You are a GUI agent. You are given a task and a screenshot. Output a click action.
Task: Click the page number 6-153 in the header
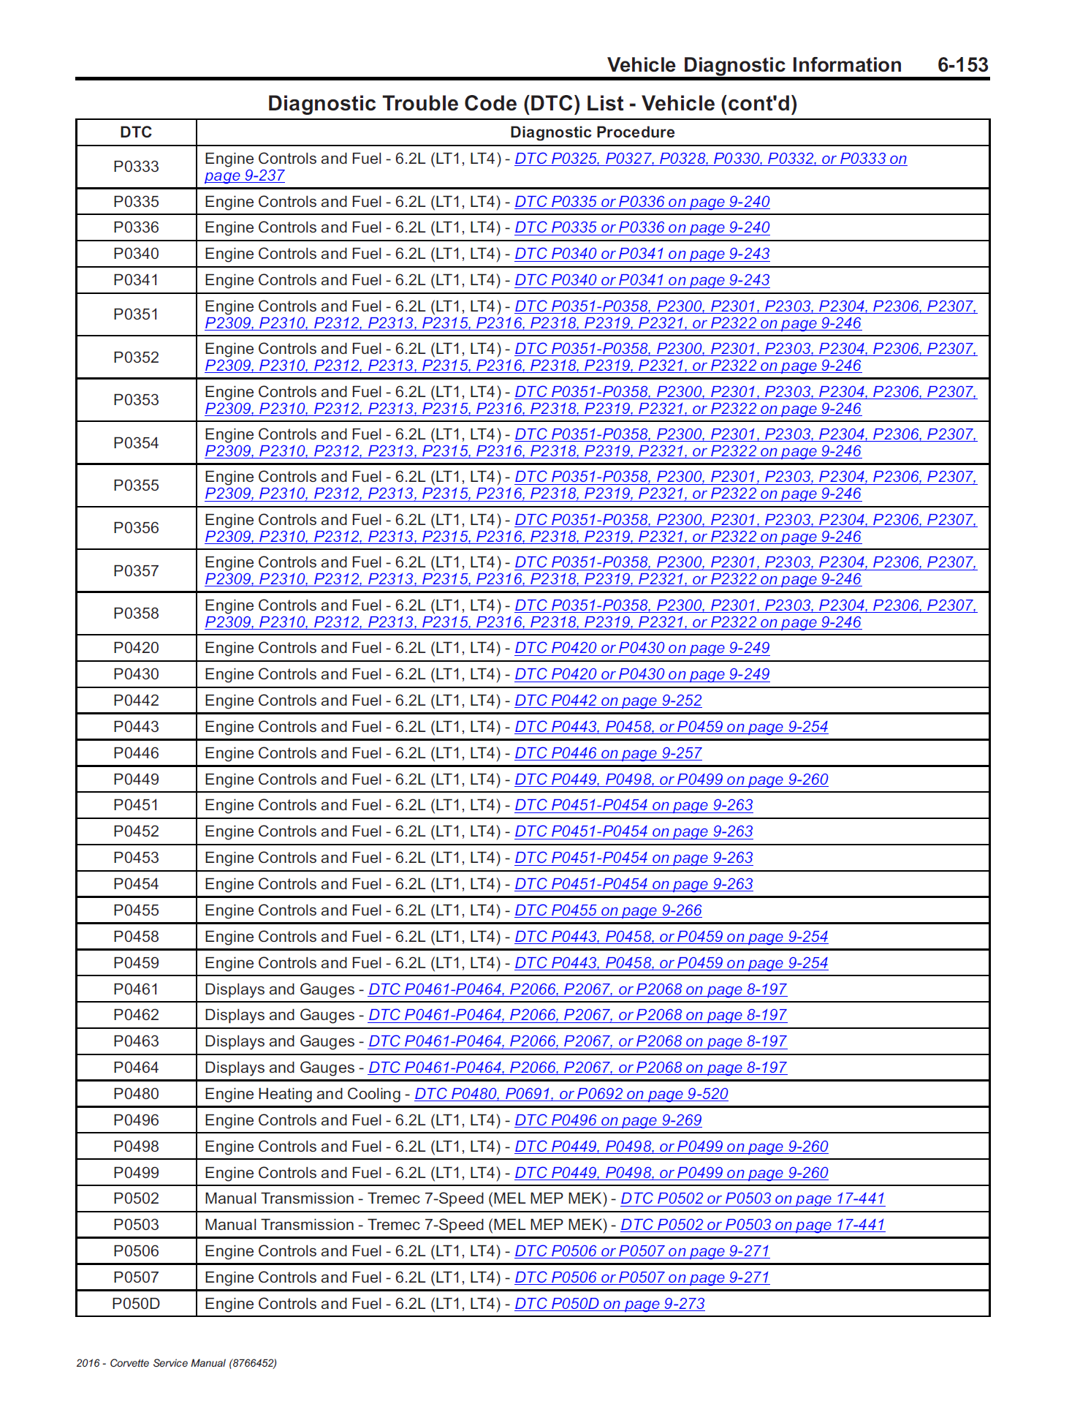(x=962, y=65)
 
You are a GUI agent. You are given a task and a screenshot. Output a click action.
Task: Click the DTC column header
(x=136, y=132)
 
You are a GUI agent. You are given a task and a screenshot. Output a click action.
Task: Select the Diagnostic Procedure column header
(x=592, y=132)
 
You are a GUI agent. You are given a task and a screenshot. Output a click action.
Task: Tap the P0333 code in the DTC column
(x=136, y=167)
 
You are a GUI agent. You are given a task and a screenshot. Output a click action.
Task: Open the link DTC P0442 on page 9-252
(x=608, y=701)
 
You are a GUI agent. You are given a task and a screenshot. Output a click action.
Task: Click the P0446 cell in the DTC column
(x=136, y=753)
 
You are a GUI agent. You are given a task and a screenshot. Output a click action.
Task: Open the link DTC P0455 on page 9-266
(x=608, y=910)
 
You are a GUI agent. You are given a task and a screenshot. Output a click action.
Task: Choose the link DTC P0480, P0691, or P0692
(x=571, y=1094)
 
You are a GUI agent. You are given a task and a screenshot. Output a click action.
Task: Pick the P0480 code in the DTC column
(x=136, y=1094)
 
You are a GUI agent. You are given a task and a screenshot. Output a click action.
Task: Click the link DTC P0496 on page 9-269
(x=608, y=1120)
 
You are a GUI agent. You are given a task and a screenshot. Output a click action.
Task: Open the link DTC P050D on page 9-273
(x=609, y=1304)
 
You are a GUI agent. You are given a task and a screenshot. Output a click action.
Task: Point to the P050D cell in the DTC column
(x=136, y=1304)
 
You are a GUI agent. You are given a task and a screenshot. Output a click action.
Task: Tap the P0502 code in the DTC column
(x=136, y=1199)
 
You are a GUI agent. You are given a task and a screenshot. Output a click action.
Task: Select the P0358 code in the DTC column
(x=136, y=614)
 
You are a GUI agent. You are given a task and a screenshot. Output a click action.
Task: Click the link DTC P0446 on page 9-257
(x=608, y=753)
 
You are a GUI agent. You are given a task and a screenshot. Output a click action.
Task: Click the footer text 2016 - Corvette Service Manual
(x=176, y=1363)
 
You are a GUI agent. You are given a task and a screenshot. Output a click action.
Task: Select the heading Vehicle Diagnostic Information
(x=754, y=65)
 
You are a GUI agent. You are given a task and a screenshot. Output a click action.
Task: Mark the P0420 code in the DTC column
(x=136, y=648)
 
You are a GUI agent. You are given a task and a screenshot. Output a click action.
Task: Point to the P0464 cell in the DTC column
(x=136, y=1068)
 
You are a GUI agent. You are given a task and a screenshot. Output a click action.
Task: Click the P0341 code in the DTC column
(x=136, y=280)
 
